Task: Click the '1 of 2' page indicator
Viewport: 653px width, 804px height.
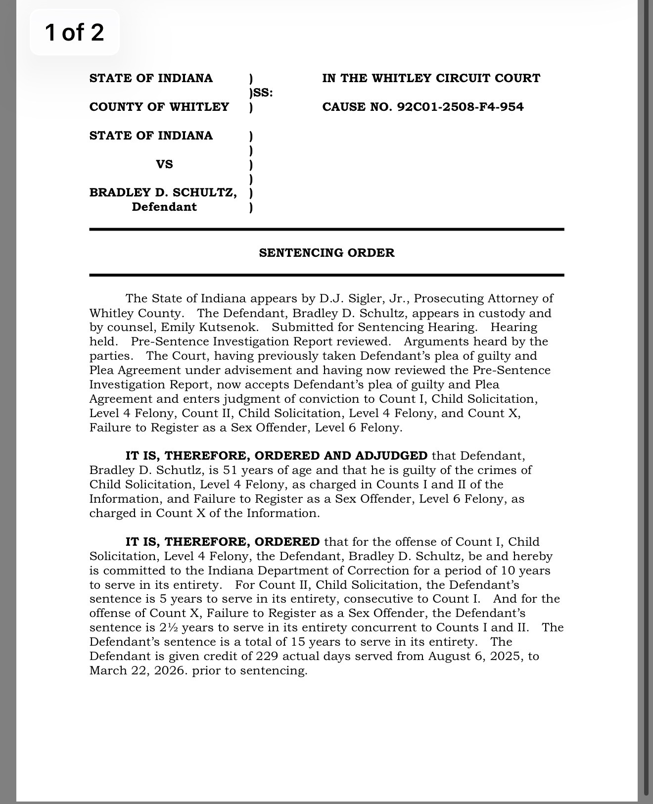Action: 74,32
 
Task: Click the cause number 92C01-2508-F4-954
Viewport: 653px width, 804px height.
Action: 460,107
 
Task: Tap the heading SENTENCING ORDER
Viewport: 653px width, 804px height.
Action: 326,253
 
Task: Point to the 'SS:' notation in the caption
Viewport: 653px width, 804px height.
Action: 263,93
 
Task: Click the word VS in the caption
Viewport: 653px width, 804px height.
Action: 164,164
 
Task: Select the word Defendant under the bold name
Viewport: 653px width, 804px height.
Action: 164,207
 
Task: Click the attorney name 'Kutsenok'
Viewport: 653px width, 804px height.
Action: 233,327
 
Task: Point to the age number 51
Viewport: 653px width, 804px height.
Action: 231,470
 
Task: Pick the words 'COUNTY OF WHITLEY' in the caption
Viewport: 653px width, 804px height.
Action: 159,107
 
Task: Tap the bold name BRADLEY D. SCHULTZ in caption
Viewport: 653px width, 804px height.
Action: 163,192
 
